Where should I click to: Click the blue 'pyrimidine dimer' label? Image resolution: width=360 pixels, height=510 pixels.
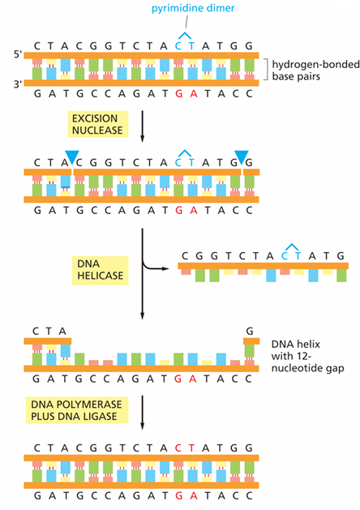(193, 8)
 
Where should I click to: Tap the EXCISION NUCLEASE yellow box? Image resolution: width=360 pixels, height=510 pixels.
(97, 124)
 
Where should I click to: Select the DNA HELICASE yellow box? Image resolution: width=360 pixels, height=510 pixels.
(101, 270)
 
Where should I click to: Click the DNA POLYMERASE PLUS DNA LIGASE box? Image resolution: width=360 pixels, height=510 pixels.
(77, 410)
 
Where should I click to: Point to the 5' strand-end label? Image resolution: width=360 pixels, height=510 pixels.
(18, 54)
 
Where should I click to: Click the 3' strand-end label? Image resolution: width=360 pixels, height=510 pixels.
(18, 84)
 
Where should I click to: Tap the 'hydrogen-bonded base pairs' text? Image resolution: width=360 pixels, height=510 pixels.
(315, 71)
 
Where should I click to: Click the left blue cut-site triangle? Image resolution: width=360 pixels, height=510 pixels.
(72, 156)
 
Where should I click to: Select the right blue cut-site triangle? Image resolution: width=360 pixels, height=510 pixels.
(242, 157)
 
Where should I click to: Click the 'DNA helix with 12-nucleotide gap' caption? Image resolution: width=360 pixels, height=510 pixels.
(307, 356)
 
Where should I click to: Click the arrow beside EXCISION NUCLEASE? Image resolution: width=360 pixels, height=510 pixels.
(142, 126)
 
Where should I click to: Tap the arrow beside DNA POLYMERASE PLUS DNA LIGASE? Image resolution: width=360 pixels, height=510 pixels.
(142, 413)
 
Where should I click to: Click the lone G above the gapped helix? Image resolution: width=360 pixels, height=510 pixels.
(250, 331)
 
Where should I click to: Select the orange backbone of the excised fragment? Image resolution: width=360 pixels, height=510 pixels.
(263, 266)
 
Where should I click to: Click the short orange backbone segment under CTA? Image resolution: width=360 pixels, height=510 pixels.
(48, 341)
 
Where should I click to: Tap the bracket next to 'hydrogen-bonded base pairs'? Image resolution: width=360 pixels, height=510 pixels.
(266, 69)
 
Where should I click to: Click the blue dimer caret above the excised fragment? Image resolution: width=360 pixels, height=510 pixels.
(291, 246)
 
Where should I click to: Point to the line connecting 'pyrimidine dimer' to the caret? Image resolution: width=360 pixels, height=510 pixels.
(186, 22)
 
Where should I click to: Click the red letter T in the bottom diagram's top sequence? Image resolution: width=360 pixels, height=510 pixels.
(191, 448)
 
